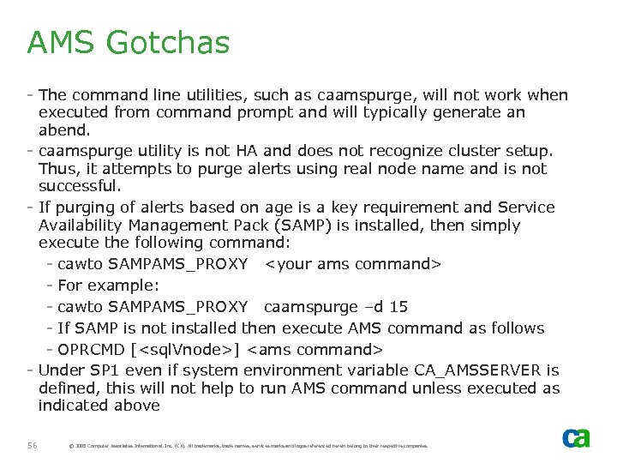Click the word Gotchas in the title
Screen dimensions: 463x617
pos(175,42)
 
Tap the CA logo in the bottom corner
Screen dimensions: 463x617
pos(576,438)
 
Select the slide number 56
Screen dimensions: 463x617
pos(33,445)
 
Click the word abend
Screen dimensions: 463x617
pos(63,131)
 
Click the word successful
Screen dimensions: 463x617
pos(80,186)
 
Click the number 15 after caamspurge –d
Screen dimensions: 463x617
pos(398,307)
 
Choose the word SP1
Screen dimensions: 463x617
pos(117,370)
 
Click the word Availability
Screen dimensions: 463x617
pos(81,226)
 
